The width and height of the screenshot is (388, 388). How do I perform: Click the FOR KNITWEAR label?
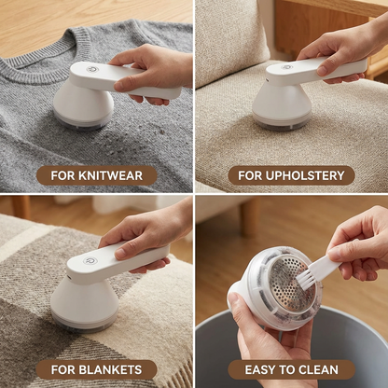(x=96, y=175)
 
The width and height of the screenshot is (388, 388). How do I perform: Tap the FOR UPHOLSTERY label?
(x=291, y=175)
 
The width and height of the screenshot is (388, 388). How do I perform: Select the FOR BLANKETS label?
(x=96, y=369)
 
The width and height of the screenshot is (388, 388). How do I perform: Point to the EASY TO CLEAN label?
(x=291, y=369)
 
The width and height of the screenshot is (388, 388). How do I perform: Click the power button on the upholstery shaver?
(x=287, y=67)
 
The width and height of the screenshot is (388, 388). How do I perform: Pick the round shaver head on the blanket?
(x=84, y=303)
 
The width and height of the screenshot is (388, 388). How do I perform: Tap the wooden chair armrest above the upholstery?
(x=317, y=14)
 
